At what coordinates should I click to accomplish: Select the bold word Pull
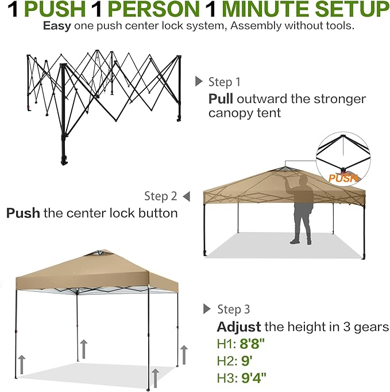(221, 98)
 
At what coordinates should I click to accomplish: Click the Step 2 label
(161, 196)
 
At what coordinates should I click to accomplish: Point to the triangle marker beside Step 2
(186, 196)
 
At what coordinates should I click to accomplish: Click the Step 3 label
(234, 309)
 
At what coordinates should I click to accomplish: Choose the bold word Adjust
(238, 327)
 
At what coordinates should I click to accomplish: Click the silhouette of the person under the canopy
(302, 208)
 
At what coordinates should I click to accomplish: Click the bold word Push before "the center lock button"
(23, 213)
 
